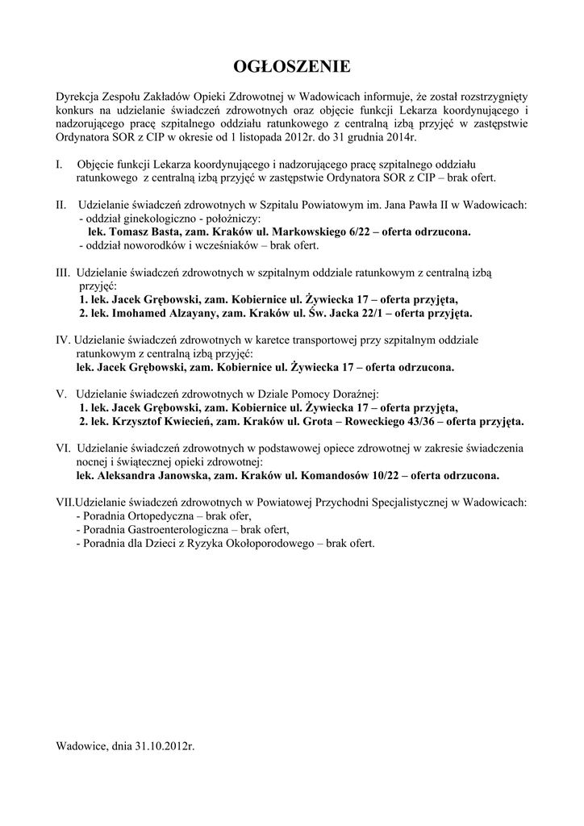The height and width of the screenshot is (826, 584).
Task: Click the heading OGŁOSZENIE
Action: click(x=291, y=65)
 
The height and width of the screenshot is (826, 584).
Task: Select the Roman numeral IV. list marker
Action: click(x=65, y=340)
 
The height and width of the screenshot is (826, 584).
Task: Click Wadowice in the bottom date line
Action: click(x=81, y=746)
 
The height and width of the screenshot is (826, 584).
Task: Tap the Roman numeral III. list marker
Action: click(x=64, y=273)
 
